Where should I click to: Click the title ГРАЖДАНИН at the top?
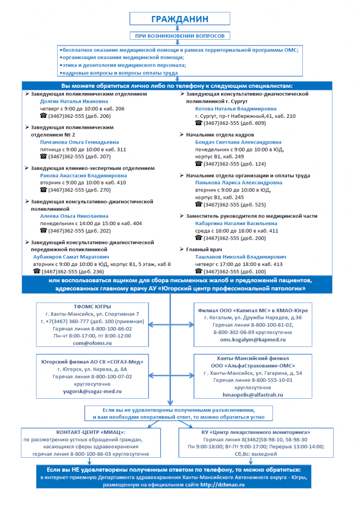click(x=180, y=19)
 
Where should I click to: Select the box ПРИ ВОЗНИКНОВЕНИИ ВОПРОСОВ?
click(x=180, y=36)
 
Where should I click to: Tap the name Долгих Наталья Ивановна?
click(x=74, y=101)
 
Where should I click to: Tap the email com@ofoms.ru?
click(x=92, y=343)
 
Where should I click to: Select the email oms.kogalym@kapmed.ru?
click(x=253, y=339)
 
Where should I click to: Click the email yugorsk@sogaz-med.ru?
click(x=92, y=392)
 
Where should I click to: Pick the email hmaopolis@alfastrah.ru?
click(x=253, y=394)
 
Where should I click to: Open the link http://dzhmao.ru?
click(x=223, y=485)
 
